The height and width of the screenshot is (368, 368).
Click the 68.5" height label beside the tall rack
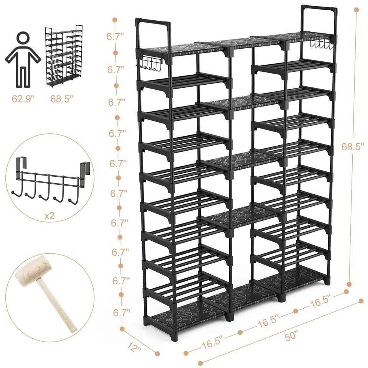354,147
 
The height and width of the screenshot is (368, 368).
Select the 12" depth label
135,347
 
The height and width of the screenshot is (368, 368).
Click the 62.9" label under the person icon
23,99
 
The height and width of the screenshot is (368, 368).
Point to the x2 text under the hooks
49,216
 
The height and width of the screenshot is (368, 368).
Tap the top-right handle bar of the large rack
319,8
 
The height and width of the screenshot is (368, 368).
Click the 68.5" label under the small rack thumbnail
60,99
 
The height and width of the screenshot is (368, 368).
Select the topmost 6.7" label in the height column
115,37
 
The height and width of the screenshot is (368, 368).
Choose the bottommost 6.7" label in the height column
122,313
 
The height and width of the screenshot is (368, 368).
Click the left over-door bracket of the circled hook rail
19,166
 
